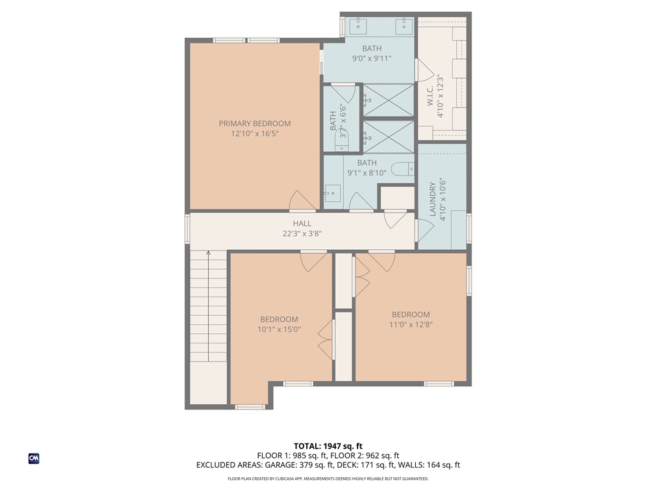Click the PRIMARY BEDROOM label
(254, 124)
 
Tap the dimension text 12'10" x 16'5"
(254, 134)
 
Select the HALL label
(302, 224)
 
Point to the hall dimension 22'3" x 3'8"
(302, 234)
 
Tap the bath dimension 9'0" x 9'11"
(372, 58)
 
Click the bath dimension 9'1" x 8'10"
(366, 173)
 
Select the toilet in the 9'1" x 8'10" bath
(402, 170)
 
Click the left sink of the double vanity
(358, 27)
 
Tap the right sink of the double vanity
(404, 27)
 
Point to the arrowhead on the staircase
(208, 254)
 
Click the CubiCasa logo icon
(34, 459)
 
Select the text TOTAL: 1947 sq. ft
(328, 446)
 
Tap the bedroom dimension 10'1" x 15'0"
(279, 329)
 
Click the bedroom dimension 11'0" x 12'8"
(411, 324)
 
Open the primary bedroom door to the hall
(302, 201)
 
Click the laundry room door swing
(423, 230)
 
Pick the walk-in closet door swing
(424, 70)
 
